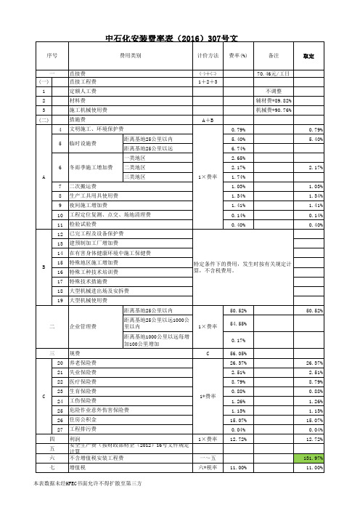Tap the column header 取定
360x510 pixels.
(307, 55)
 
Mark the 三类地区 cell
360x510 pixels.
(135, 177)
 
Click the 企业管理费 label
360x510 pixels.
(82, 328)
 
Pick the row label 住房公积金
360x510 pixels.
(82, 419)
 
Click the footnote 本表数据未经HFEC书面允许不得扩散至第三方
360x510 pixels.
(87, 482)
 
